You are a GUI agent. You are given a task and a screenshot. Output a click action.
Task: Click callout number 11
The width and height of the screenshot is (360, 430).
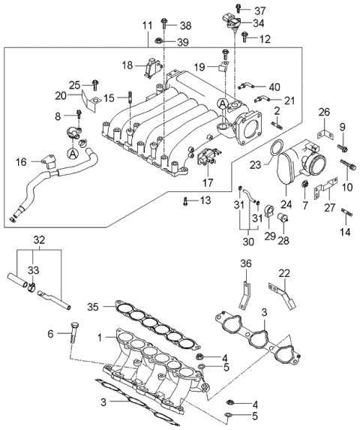point(147,26)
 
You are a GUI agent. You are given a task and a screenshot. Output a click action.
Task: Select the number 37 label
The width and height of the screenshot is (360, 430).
point(259,11)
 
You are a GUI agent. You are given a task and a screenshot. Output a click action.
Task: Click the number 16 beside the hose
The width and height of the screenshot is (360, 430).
point(21,161)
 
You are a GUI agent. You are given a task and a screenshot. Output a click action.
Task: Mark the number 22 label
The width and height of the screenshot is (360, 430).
point(284,273)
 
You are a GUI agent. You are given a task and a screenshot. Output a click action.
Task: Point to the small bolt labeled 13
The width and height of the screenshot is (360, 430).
point(185,200)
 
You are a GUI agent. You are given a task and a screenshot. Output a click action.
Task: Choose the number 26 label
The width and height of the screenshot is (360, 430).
point(323,113)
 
